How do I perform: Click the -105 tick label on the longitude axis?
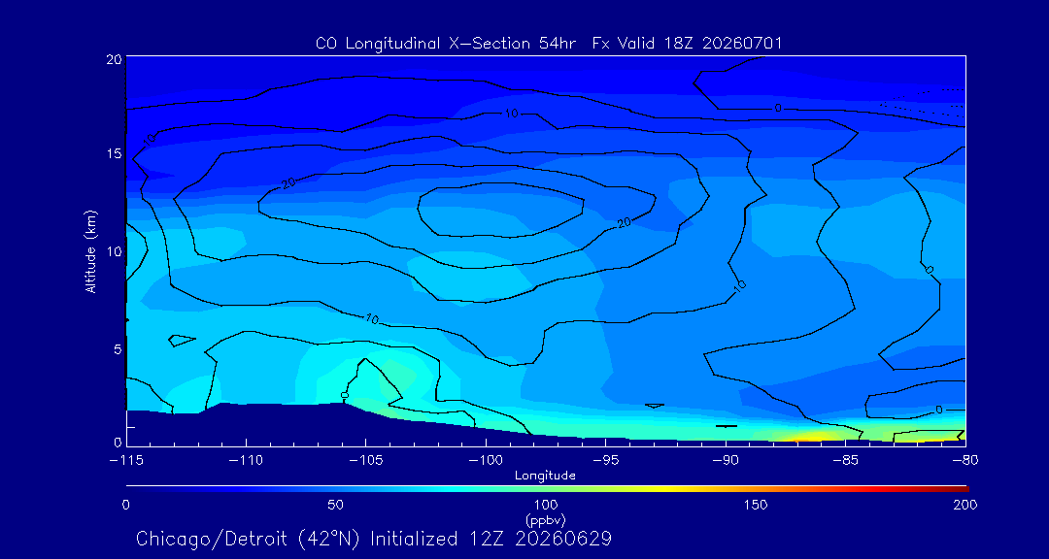[365, 461]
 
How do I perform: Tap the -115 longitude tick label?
[125, 461]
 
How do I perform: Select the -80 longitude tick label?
[965, 461]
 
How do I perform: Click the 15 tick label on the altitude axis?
[114, 153]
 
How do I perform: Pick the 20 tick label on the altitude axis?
[114, 58]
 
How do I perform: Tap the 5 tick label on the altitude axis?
[118, 349]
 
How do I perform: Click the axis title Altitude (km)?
[91, 251]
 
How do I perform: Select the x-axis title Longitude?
[545, 477]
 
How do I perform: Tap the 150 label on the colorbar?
[756, 505]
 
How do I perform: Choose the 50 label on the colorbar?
[336, 505]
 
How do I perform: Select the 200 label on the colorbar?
[966, 505]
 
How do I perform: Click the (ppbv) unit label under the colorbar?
[546, 518]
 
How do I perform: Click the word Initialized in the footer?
[415, 539]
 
